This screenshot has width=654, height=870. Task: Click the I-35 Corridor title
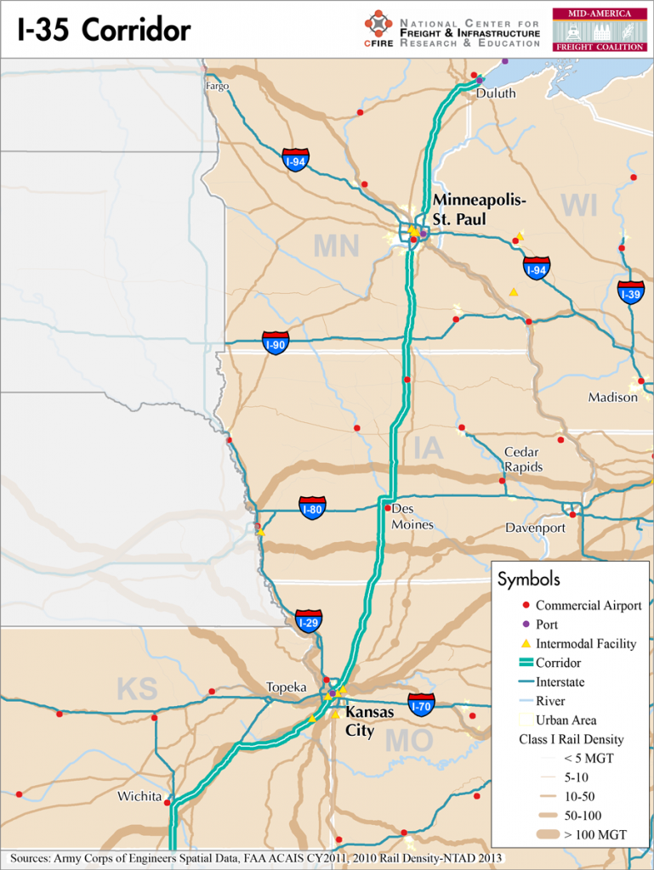point(105,31)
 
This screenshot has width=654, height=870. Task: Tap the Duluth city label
point(495,93)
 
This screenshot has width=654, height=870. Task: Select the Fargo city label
point(217,86)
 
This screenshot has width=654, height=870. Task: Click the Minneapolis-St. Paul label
point(480,209)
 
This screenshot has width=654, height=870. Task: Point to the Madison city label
point(612,398)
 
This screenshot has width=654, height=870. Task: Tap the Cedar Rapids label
point(523,460)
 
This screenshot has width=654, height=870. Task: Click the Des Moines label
point(412,517)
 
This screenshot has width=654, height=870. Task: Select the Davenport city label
point(535,528)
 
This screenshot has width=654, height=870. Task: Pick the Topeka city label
point(286,686)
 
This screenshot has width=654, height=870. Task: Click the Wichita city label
point(139,796)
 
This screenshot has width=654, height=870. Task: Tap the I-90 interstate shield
point(275,343)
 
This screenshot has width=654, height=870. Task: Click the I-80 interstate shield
point(312,508)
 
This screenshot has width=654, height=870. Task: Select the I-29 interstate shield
point(309,621)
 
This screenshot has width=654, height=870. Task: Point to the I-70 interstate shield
point(421,703)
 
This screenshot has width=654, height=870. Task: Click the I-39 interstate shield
point(630,292)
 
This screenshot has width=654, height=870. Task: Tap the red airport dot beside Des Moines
point(388,508)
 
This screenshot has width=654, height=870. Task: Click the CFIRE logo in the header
point(378,30)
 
